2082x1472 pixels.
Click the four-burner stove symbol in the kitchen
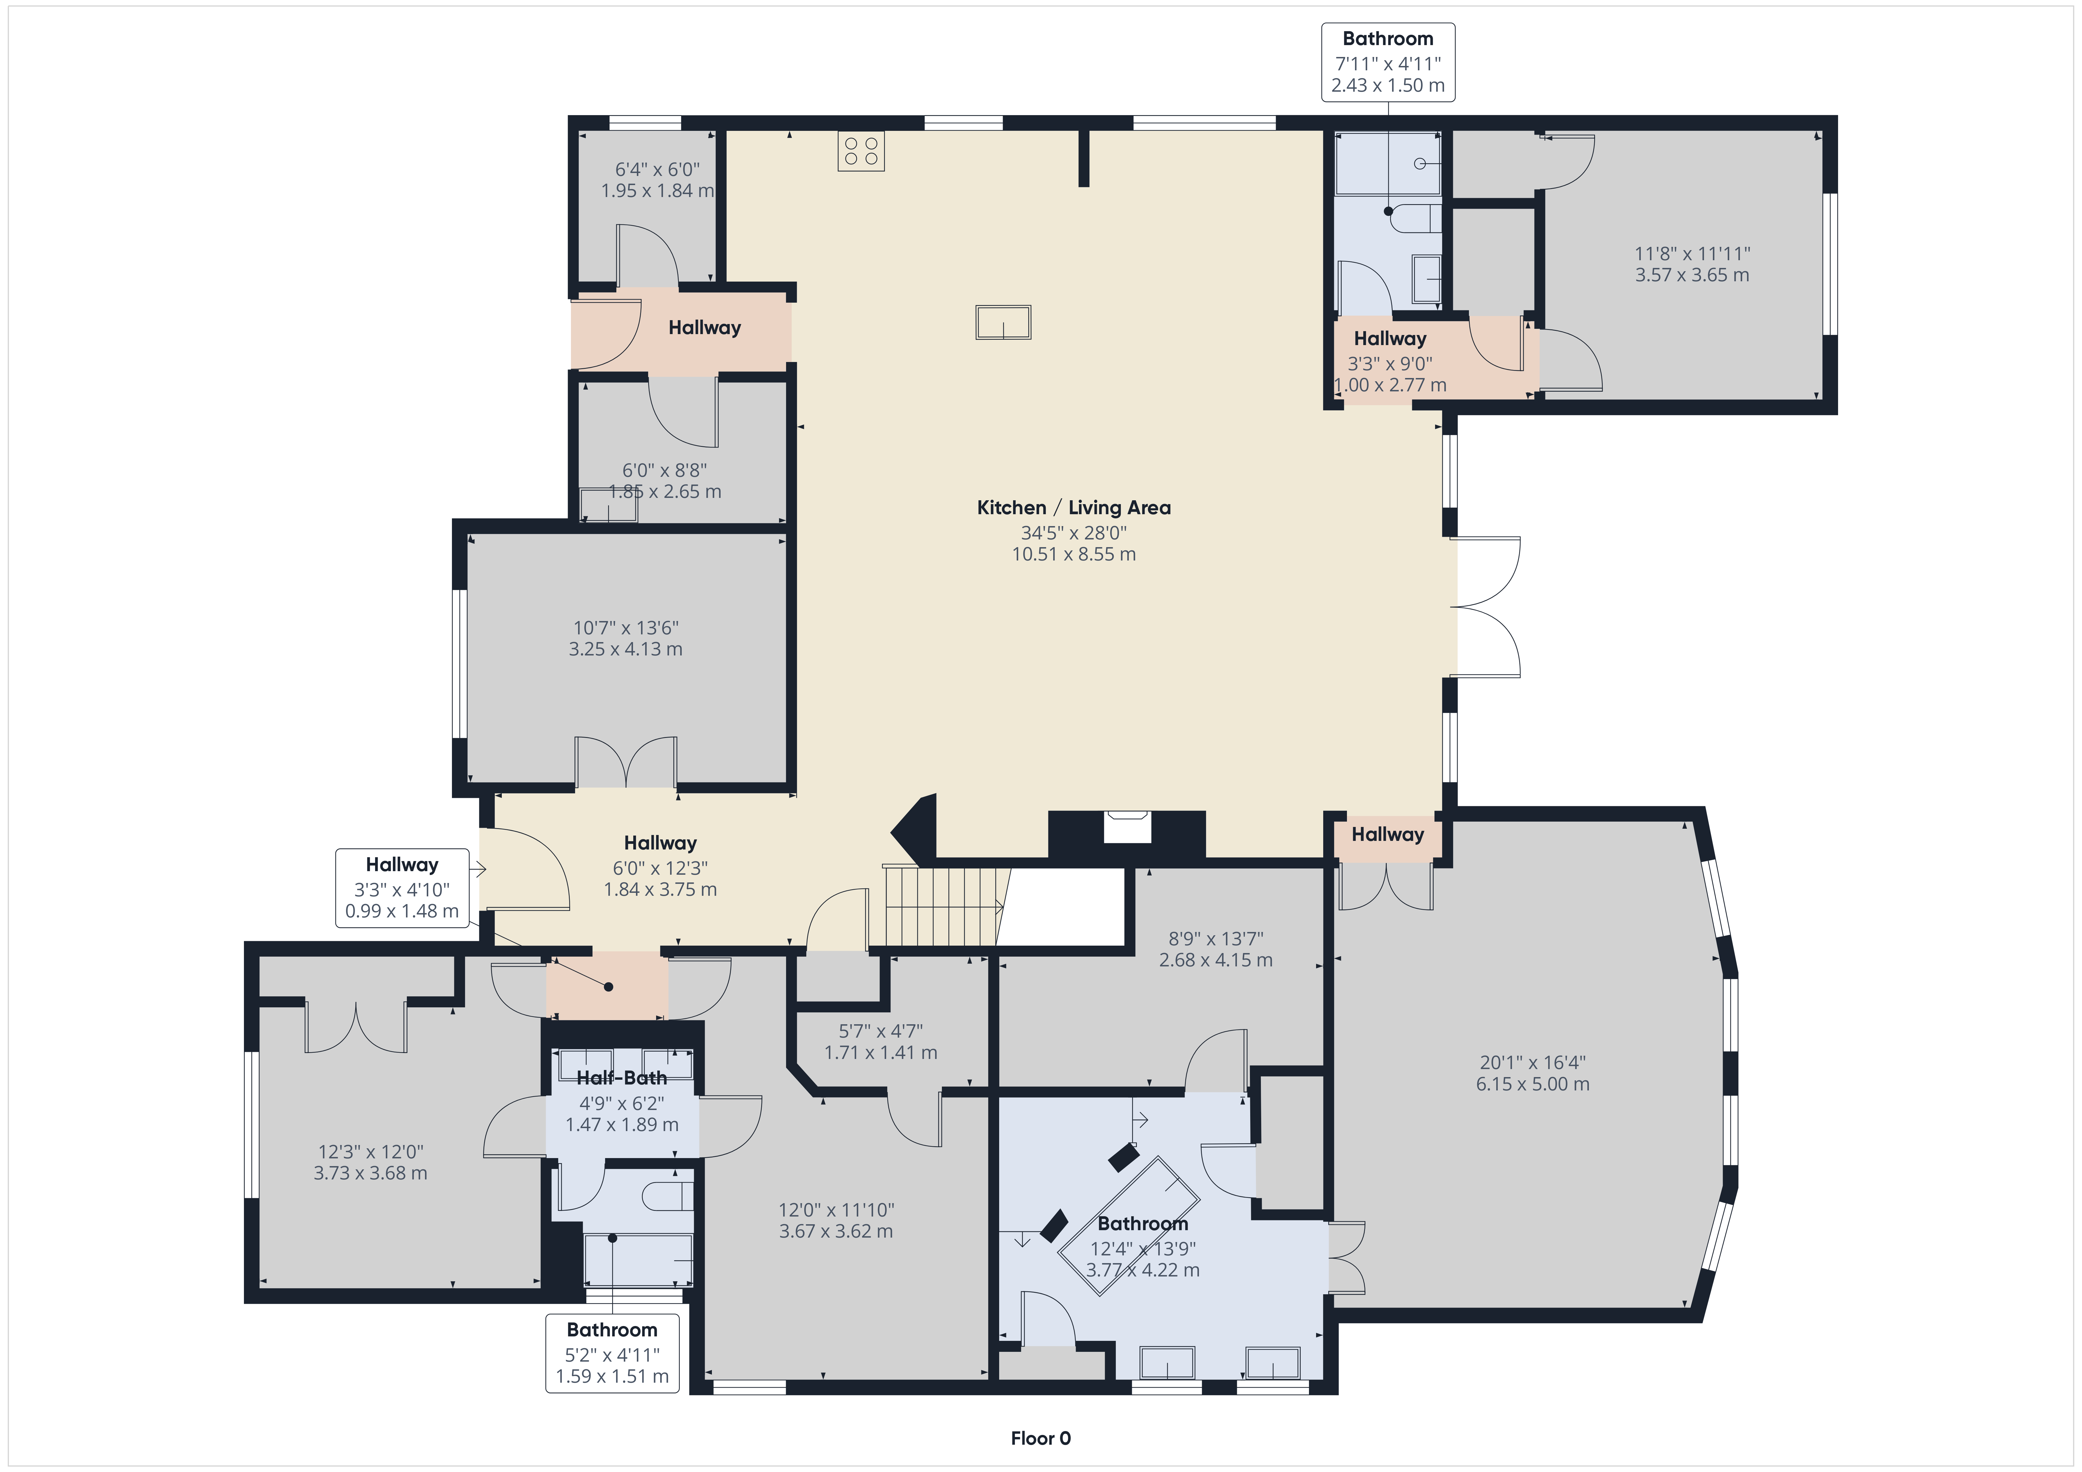(x=861, y=151)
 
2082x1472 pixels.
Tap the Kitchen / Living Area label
(x=1074, y=508)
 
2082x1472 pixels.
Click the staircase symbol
(x=943, y=907)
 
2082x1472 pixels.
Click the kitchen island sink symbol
(x=1003, y=322)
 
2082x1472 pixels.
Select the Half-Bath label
(x=622, y=1077)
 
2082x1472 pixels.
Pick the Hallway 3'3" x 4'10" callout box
(x=402, y=888)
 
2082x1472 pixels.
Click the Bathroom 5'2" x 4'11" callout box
(x=612, y=1353)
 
